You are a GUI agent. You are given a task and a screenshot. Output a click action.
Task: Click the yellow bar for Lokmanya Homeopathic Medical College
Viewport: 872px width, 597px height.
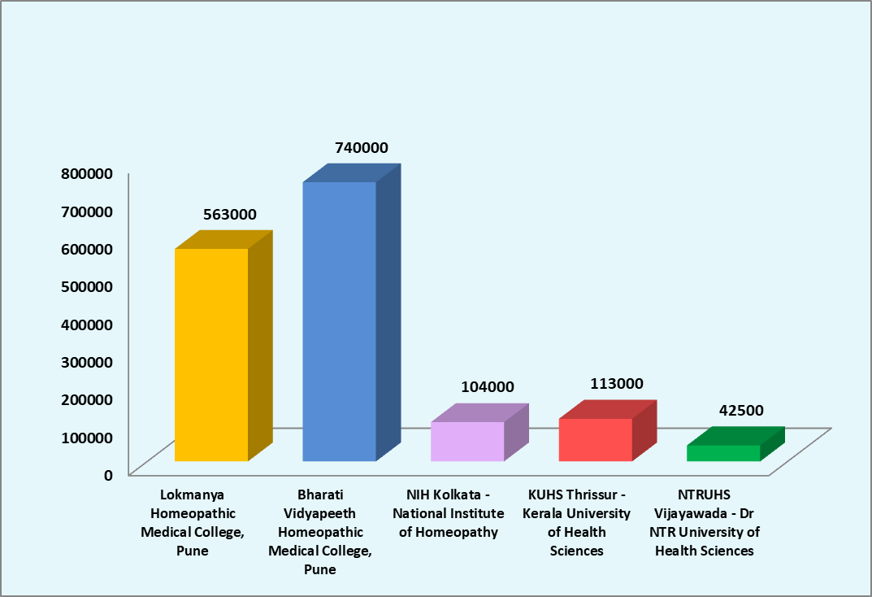[x=211, y=355]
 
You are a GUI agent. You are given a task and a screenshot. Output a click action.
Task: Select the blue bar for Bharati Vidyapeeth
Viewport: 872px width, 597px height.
[x=339, y=321]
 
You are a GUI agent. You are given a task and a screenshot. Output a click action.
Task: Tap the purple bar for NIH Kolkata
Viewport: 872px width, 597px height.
[x=467, y=442]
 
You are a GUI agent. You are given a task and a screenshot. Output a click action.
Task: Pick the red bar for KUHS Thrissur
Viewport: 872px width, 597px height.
[x=595, y=440]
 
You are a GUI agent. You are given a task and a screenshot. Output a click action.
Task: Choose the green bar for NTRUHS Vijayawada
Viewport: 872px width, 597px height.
[x=723, y=453]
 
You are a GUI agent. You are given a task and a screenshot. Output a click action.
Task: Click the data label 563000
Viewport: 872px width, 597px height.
[x=230, y=215]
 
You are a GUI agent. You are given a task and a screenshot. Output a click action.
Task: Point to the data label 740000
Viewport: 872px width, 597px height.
[x=362, y=148]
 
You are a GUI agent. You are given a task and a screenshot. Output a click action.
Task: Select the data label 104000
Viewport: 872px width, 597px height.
[x=488, y=388]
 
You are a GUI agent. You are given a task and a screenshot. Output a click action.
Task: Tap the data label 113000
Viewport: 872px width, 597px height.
[x=616, y=384]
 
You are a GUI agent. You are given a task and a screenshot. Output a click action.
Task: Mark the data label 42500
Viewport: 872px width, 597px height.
[x=741, y=411]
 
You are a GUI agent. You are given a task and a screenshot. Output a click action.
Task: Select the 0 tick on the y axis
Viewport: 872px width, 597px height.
[x=107, y=475]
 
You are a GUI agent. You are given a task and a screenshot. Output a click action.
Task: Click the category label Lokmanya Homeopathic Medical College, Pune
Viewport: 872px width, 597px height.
[x=192, y=522]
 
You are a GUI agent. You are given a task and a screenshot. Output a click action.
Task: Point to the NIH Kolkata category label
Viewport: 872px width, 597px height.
[x=445, y=513]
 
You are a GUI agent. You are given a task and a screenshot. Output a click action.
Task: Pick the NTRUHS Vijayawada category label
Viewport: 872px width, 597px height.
[x=705, y=522]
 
